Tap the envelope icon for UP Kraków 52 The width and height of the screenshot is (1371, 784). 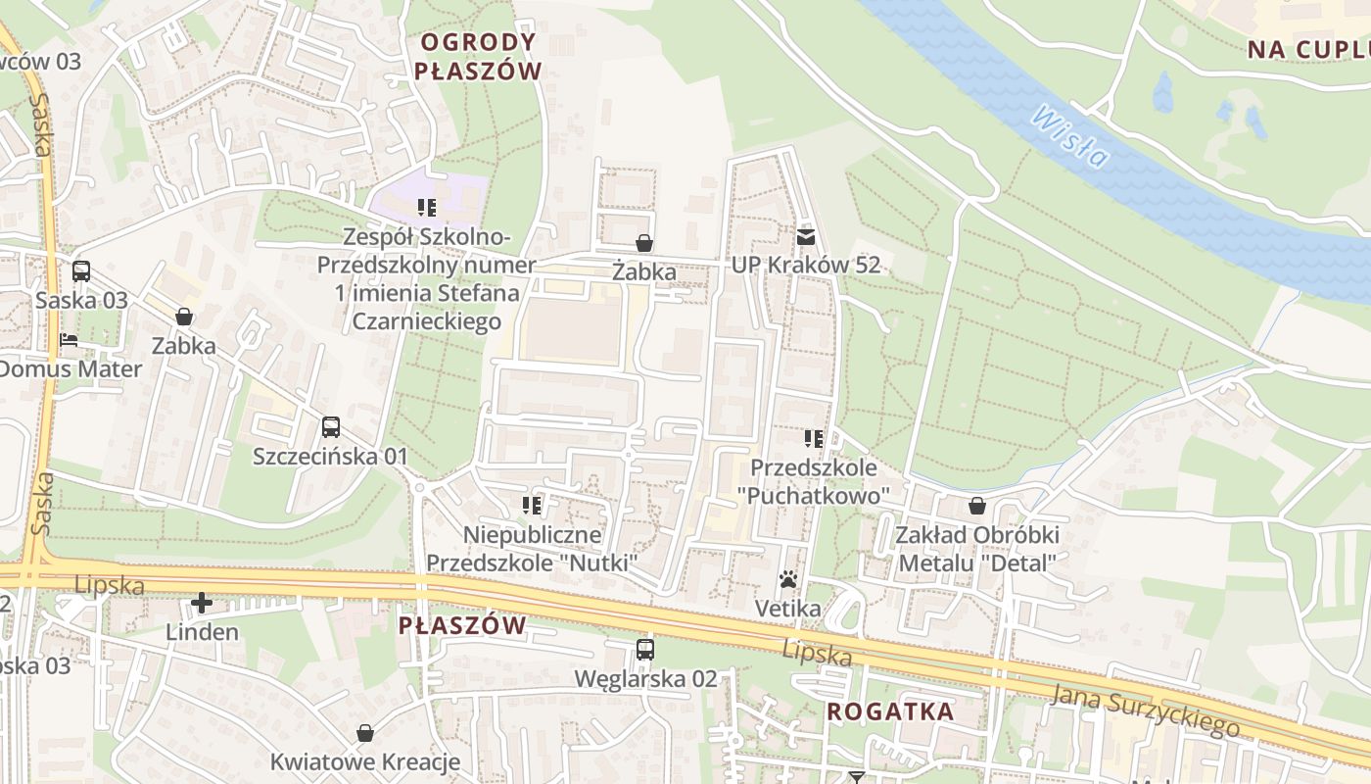point(805,236)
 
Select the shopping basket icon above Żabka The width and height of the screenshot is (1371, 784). point(644,242)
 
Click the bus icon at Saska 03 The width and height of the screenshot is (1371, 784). point(81,271)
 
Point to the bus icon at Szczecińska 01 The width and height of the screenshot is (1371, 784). point(331,427)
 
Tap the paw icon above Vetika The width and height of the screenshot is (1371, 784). point(788,580)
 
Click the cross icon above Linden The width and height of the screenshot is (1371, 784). point(202,602)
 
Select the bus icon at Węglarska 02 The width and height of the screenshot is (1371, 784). point(644,649)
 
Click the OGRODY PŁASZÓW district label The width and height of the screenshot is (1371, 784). point(478,56)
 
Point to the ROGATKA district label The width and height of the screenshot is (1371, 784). point(890,711)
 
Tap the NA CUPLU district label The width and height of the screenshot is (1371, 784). point(1308,50)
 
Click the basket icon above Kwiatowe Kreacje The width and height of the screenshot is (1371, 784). point(365,733)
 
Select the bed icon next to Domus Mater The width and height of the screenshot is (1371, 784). point(69,341)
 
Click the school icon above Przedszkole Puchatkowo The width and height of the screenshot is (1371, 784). point(814,438)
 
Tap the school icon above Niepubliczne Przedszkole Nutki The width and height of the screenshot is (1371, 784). point(533,506)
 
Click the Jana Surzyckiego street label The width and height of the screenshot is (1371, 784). point(1145,711)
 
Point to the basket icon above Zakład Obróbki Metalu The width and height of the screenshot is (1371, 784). point(976,506)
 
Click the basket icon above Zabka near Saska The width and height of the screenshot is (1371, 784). point(184,317)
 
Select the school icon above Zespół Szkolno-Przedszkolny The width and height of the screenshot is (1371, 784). point(426,207)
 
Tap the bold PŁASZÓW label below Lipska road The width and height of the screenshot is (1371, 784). point(462,625)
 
